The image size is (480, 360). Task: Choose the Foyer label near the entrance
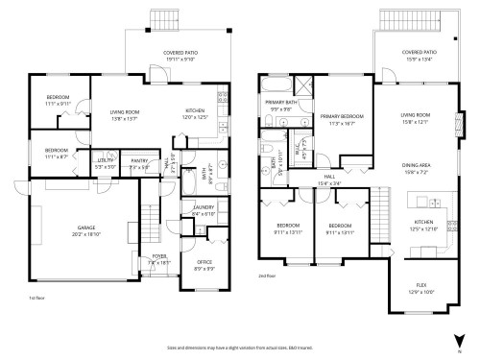(x=156, y=259)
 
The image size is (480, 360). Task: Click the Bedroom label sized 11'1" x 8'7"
(x=57, y=153)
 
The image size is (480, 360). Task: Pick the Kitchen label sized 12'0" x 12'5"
(x=195, y=113)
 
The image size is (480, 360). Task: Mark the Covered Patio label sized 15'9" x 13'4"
(x=419, y=56)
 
